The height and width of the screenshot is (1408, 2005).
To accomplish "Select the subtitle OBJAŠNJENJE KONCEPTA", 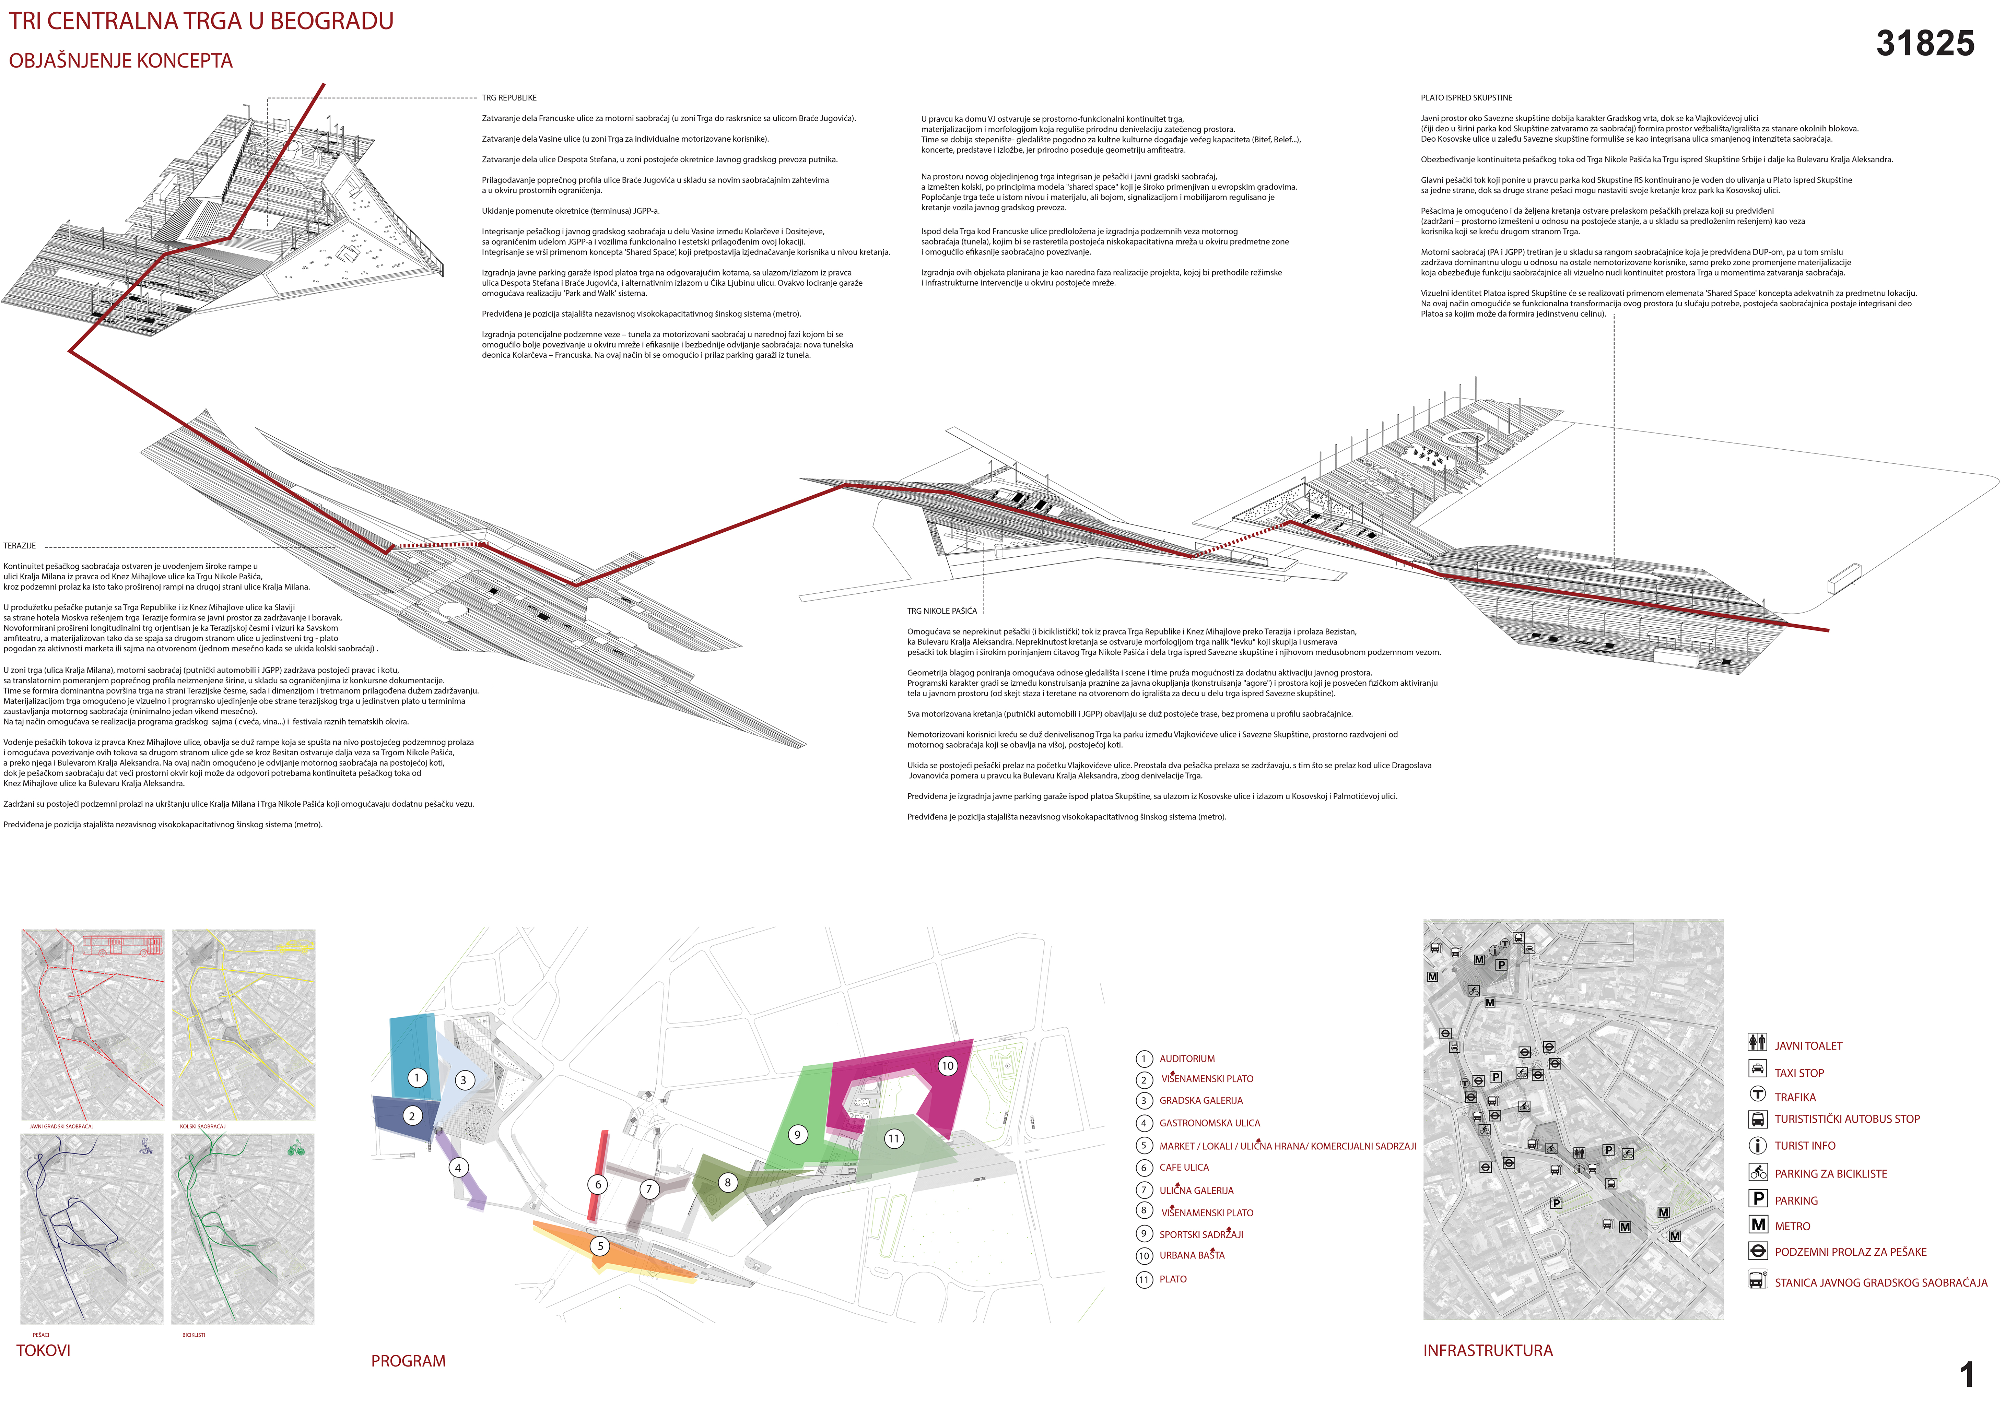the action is tap(120, 61).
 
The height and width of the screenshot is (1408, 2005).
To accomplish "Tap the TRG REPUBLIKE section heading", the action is tap(509, 98).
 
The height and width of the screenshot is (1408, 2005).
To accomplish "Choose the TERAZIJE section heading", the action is tap(19, 546).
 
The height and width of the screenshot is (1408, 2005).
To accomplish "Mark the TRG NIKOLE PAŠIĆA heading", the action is tap(941, 611).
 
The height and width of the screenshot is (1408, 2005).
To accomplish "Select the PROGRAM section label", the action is tap(408, 1361).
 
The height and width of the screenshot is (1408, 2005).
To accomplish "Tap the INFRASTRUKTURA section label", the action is tap(1488, 1350).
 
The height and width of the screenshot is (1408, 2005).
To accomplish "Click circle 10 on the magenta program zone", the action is tap(948, 1066).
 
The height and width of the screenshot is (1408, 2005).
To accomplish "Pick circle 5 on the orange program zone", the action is tap(600, 1246).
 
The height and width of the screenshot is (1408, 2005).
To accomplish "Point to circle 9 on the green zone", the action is tap(796, 1135).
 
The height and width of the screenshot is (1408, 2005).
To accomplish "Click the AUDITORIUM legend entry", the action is tap(1187, 1059).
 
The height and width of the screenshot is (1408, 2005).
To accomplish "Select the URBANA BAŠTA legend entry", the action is tap(1192, 1255).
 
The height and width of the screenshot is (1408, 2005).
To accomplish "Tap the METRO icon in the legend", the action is tap(1758, 1225).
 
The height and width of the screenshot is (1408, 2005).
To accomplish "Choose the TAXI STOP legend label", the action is tap(1799, 1073).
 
